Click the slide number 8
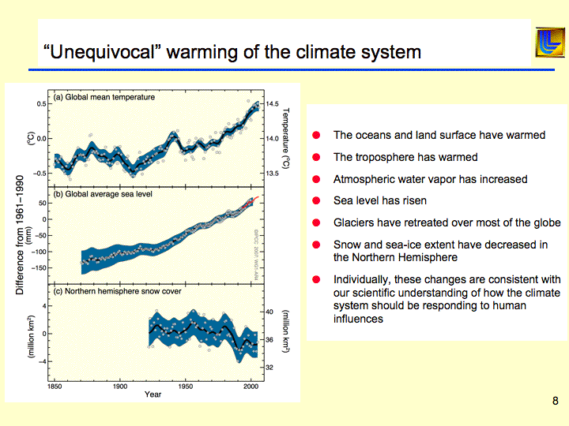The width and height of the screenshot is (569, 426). [x=555, y=402]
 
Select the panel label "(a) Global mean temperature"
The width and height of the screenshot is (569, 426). [x=104, y=98]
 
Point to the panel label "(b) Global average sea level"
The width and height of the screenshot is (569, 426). [x=103, y=193]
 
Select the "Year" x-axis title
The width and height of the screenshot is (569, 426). [x=153, y=394]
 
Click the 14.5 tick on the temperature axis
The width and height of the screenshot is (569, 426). [x=273, y=104]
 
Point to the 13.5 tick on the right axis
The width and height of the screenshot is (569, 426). [x=273, y=173]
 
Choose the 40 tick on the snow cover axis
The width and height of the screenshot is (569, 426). [x=269, y=312]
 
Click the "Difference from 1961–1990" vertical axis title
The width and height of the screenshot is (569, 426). [x=19, y=234]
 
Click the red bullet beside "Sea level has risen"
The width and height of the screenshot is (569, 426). [x=316, y=201]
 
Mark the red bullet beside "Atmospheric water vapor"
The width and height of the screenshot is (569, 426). [x=316, y=179]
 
